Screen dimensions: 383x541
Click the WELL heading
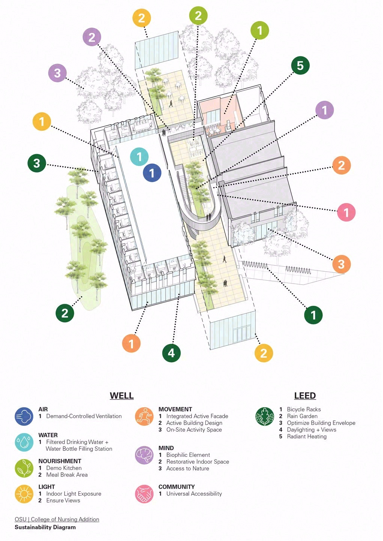click(x=122, y=395)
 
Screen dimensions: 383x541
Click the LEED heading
click(x=305, y=395)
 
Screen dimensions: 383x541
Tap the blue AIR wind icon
click(x=24, y=416)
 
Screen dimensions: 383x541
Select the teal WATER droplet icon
click(x=24, y=442)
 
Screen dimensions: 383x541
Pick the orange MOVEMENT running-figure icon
click(x=144, y=416)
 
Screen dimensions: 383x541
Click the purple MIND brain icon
click(x=144, y=455)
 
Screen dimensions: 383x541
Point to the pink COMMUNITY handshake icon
click(x=144, y=494)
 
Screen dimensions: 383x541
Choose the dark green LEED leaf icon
click(x=265, y=416)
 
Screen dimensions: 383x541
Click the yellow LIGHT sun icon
click(x=24, y=494)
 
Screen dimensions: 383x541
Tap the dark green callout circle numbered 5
click(x=300, y=65)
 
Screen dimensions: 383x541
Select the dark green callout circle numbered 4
click(x=171, y=353)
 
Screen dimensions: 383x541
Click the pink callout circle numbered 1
click(x=346, y=212)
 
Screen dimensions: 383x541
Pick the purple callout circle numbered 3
click(x=57, y=73)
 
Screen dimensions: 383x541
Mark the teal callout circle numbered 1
click(x=139, y=157)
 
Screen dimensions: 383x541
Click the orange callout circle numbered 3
click(x=341, y=264)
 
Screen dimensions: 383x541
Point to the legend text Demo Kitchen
click(x=64, y=468)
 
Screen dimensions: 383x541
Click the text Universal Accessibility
click(x=194, y=494)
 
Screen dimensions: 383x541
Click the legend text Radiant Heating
click(x=307, y=437)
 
